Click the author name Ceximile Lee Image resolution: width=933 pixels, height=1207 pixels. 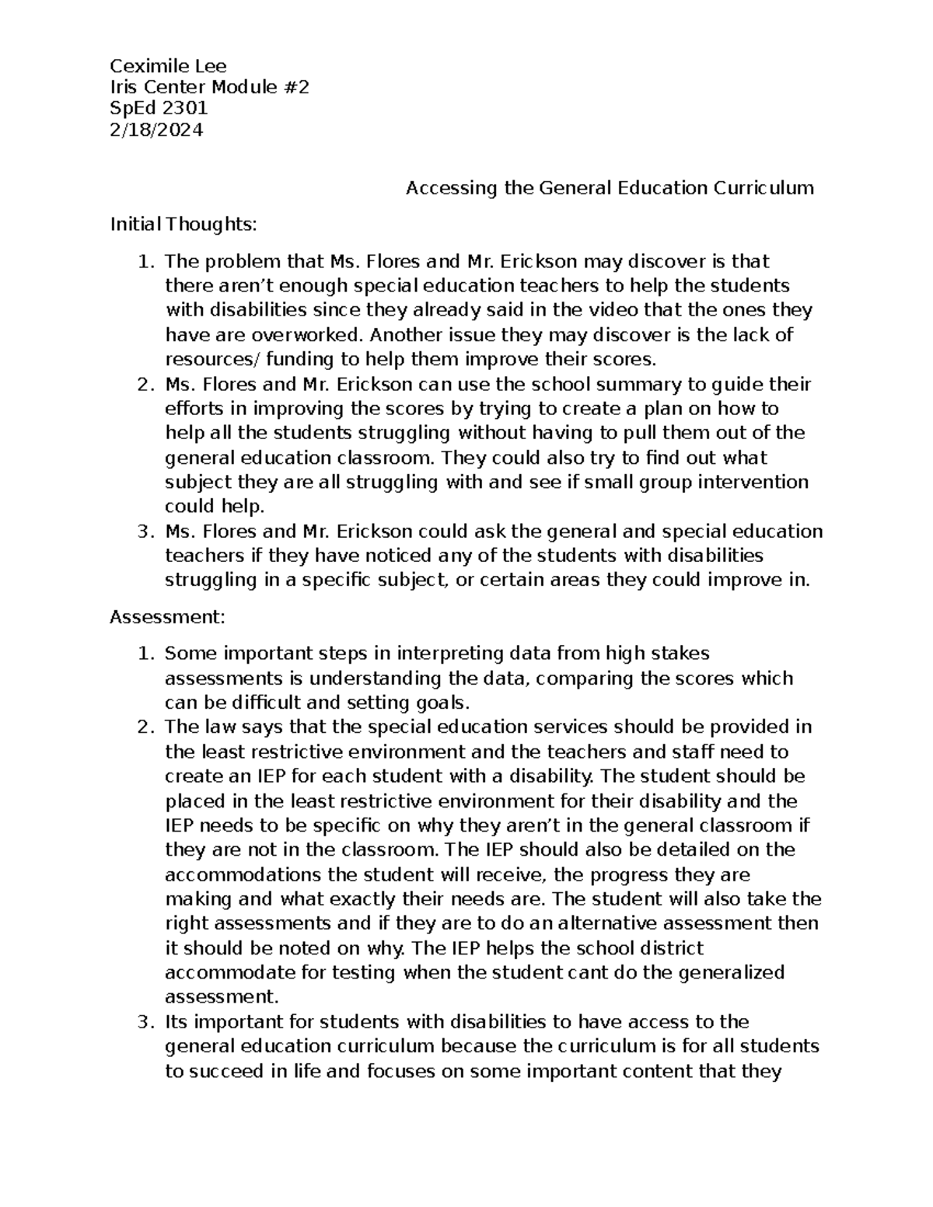[x=168, y=65]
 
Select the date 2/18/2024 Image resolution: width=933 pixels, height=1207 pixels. [x=156, y=130]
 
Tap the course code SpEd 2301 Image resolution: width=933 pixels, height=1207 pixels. [x=159, y=109]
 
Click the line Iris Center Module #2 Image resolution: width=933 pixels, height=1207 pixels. [x=209, y=87]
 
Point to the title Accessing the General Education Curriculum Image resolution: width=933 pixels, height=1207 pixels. [x=610, y=188]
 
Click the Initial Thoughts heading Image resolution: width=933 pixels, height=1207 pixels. [x=183, y=225]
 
